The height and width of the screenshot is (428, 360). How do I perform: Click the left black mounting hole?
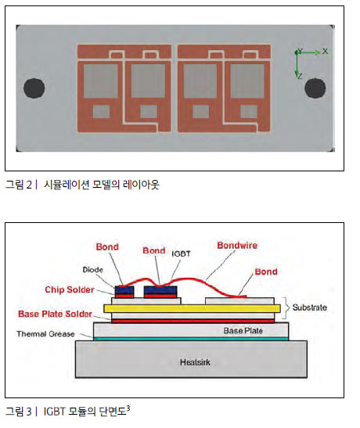coord(34,88)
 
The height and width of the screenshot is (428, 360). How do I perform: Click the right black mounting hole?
coord(315,88)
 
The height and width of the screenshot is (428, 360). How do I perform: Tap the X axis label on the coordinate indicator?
coord(325,51)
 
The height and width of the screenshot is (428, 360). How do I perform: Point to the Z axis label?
coord(301,76)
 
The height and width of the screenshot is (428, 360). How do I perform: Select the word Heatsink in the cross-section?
coord(195,362)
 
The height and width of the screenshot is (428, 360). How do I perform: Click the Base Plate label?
coord(243,330)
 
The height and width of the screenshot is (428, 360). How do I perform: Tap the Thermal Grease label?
coord(45,334)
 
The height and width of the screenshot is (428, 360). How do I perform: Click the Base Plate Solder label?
coord(55,314)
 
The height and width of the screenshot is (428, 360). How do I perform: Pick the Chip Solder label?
coord(70,290)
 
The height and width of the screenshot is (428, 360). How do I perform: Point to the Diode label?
coord(93,270)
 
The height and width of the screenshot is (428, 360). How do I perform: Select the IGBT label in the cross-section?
coord(181,254)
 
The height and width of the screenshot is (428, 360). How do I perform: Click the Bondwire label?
coord(237,246)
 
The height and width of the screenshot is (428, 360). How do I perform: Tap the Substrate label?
coord(310,308)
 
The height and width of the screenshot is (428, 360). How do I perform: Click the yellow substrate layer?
coord(193,308)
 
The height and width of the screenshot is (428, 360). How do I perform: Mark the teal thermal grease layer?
coord(191,339)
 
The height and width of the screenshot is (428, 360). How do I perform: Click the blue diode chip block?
coord(124,290)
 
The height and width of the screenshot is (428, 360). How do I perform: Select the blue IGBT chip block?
coord(160,290)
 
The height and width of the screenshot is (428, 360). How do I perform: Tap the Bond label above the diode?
coord(107,246)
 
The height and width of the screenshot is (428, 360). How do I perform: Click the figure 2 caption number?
coord(29,185)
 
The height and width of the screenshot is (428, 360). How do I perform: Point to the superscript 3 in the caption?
coord(128,408)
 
